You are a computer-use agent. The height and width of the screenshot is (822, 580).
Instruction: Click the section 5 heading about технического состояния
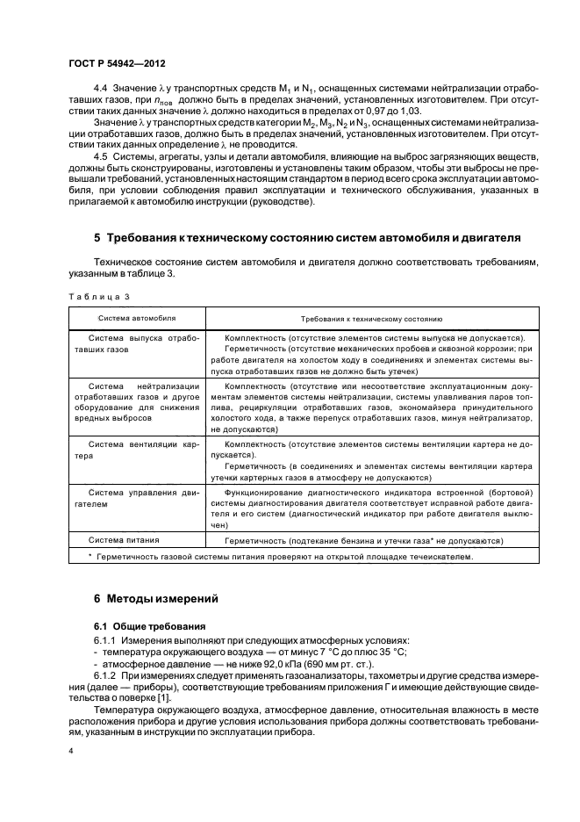click(x=307, y=237)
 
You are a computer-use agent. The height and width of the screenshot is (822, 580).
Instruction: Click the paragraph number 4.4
click(x=100, y=88)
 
